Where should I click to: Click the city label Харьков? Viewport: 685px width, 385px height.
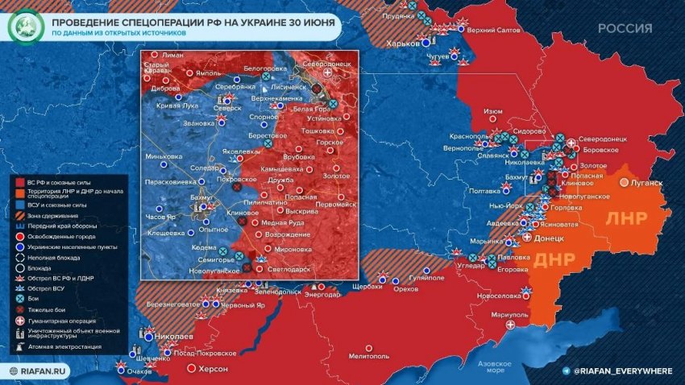click(404, 43)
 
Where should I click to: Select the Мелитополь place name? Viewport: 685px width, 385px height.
click(370, 355)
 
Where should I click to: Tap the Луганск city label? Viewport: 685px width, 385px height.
click(646, 183)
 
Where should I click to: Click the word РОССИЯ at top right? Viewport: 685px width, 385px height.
click(625, 27)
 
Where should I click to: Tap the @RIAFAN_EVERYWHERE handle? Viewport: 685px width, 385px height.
click(622, 370)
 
